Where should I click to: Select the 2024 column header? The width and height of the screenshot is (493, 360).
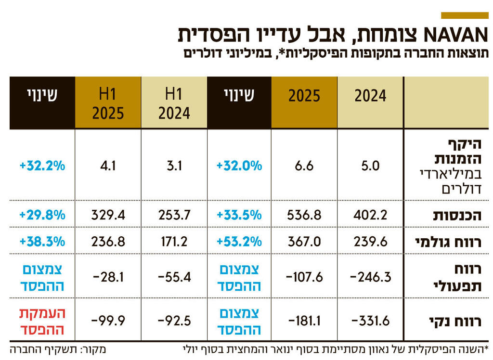(370, 96)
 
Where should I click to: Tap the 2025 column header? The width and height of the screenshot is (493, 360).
(304, 96)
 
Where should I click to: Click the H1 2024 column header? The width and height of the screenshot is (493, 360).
(174, 103)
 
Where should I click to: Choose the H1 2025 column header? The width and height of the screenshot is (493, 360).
(108, 103)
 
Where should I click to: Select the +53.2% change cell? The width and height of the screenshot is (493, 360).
(239, 242)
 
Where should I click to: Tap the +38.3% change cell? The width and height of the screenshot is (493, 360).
(42, 242)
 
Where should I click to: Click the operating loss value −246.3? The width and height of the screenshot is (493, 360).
(370, 277)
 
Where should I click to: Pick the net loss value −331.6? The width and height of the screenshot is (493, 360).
(370, 321)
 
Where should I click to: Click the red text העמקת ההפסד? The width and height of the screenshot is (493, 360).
(42, 321)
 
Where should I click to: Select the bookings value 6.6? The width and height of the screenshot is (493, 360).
(304, 166)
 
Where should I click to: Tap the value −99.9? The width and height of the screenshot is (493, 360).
(108, 321)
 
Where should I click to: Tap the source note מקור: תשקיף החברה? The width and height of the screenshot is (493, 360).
(58, 349)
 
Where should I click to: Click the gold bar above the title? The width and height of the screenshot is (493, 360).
(464, 15)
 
